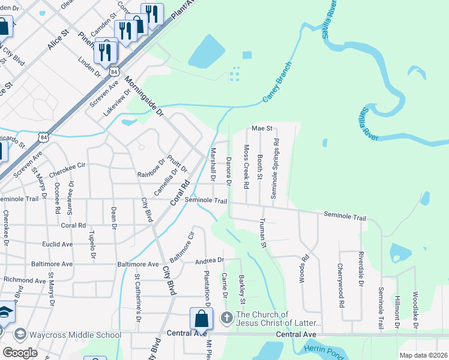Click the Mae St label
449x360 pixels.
pos(262,128)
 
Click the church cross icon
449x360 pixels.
pos(226,317)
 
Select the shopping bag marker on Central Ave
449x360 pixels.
pos(201,319)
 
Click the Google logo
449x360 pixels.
pos(20,353)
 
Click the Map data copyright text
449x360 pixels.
pos(423,355)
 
